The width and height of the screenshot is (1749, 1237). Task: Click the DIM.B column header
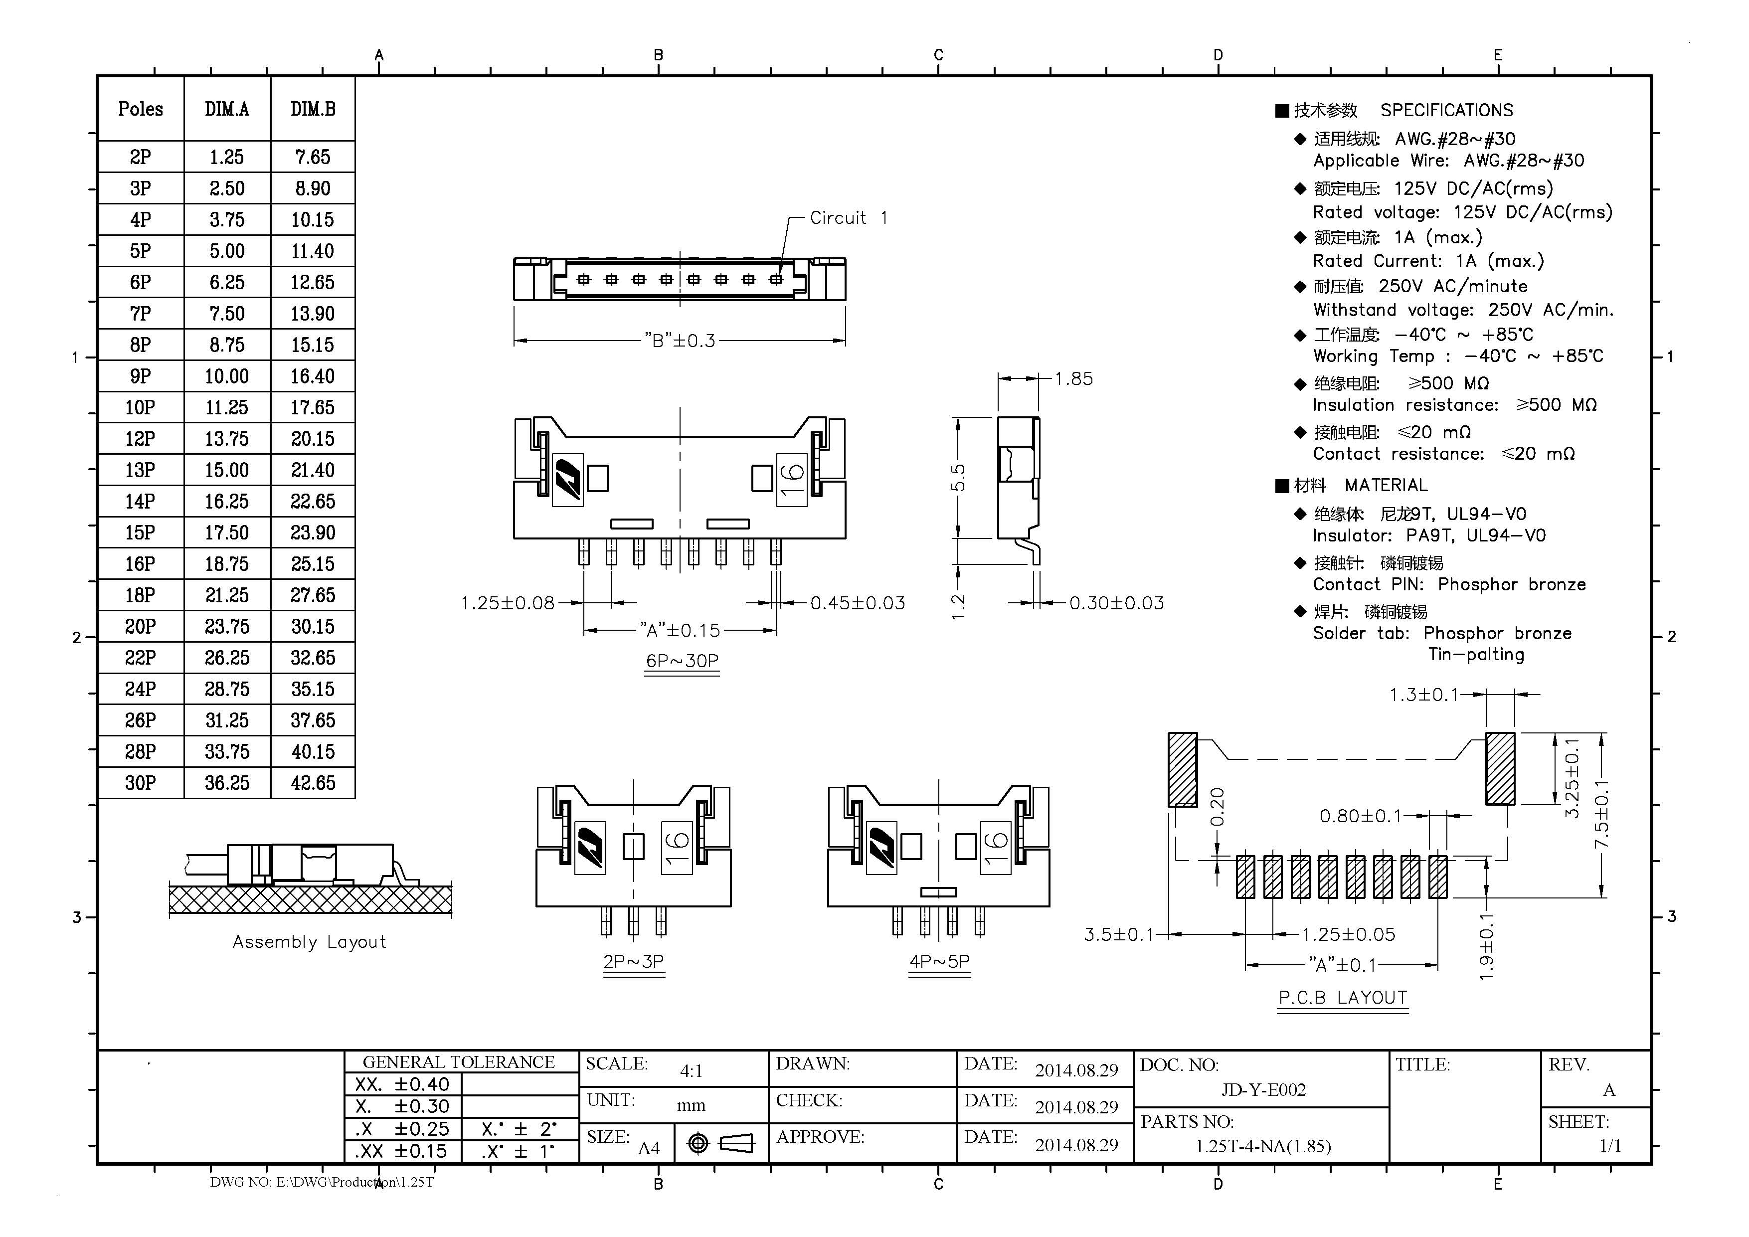pyautogui.click(x=312, y=109)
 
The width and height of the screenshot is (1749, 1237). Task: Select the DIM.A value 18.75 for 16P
pyautogui.click(x=226, y=564)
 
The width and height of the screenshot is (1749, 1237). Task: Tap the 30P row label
pyautogui.click(x=140, y=782)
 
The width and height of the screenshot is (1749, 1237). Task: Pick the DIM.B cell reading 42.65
pyautogui.click(x=312, y=782)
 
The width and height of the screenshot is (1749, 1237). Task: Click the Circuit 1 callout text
pyautogui.click(x=848, y=218)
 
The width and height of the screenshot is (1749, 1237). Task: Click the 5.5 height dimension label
pyautogui.click(x=959, y=478)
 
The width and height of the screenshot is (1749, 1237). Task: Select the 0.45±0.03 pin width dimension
pyautogui.click(x=857, y=603)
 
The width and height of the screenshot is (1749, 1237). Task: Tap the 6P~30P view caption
pyautogui.click(x=682, y=661)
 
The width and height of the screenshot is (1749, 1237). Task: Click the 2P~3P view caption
pyautogui.click(x=633, y=961)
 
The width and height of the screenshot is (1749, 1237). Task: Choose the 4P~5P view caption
pyautogui.click(x=939, y=961)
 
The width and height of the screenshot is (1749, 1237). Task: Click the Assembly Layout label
pyautogui.click(x=309, y=942)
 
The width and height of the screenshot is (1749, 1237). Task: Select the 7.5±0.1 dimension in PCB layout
pyautogui.click(x=1601, y=814)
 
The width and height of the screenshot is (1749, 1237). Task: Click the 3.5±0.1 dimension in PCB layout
pyautogui.click(x=1118, y=934)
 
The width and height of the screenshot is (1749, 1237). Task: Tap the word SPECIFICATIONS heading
pyautogui.click(x=1446, y=111)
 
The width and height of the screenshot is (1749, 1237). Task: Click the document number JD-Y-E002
pyautogui.click(x=1263, y=1090)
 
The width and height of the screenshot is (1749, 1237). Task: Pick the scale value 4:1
pyautogui.click(x=691, y=1071)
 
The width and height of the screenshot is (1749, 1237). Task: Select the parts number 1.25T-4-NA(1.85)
pyautogui.click(x=1262, y=1146)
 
